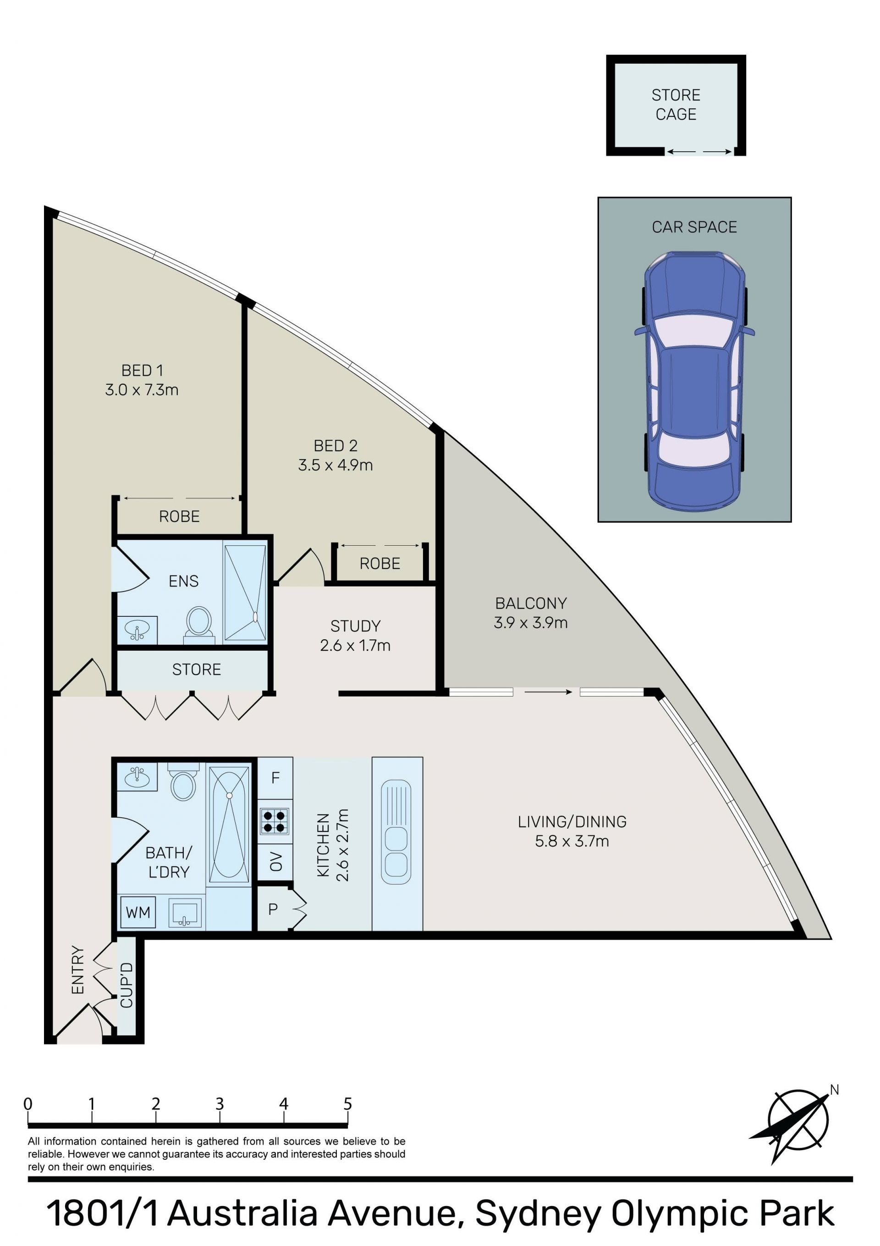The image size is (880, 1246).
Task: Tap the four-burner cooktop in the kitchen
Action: [275, 821]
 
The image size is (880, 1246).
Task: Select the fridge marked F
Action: [275, 778]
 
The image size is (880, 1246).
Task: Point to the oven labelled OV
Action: [275, 861]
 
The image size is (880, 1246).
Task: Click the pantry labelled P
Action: [274, 908]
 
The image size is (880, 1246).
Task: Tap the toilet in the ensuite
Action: [199, 624]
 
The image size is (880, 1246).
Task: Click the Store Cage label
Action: [676, 105]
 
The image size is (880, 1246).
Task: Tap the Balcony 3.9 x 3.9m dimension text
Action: [531, 622]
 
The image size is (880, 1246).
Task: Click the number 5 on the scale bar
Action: [348, 1104]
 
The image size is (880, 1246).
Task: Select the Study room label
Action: [355, 626]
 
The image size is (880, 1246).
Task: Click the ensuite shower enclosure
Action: [245, 593]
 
